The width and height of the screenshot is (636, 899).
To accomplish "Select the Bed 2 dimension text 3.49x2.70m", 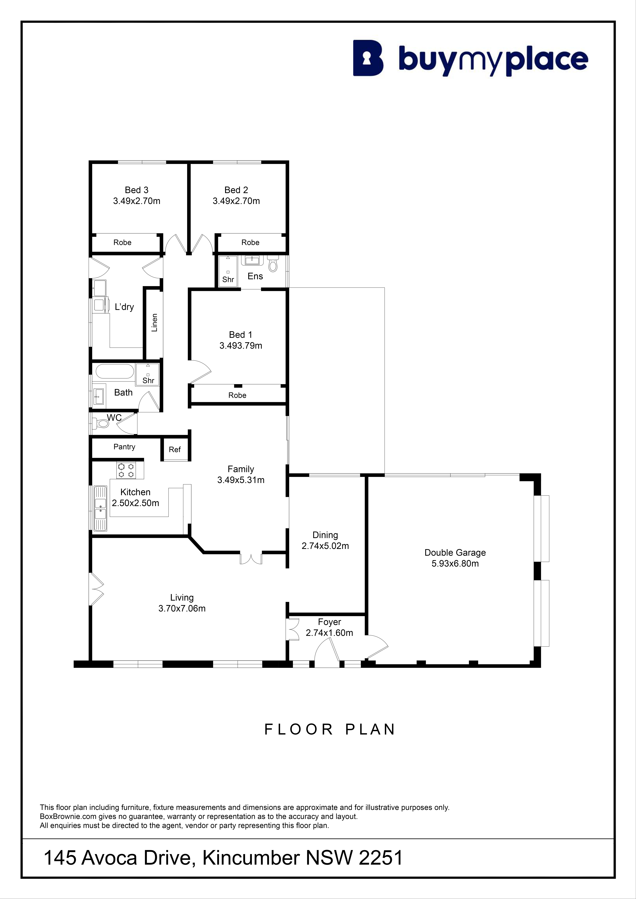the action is click(x=236, y=201).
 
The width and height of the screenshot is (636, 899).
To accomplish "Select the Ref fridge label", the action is click(x=175, y=449).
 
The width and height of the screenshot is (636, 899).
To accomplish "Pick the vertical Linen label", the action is click(x=154, y=323).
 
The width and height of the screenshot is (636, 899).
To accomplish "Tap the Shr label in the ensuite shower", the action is click(x=228, y=280).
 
